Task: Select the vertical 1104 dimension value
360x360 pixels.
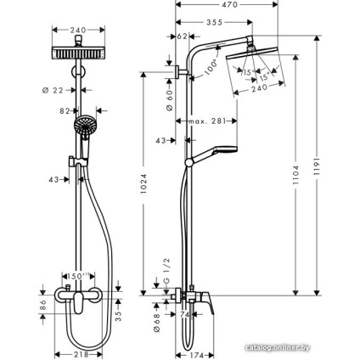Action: coord(296,173)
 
